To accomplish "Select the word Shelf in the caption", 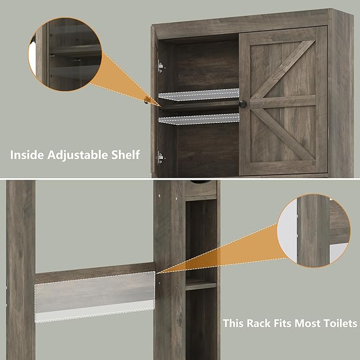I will [x=126, y=155].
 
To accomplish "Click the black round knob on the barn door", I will [x=243, y=103].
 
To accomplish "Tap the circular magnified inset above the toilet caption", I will [x=318, y=232].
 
